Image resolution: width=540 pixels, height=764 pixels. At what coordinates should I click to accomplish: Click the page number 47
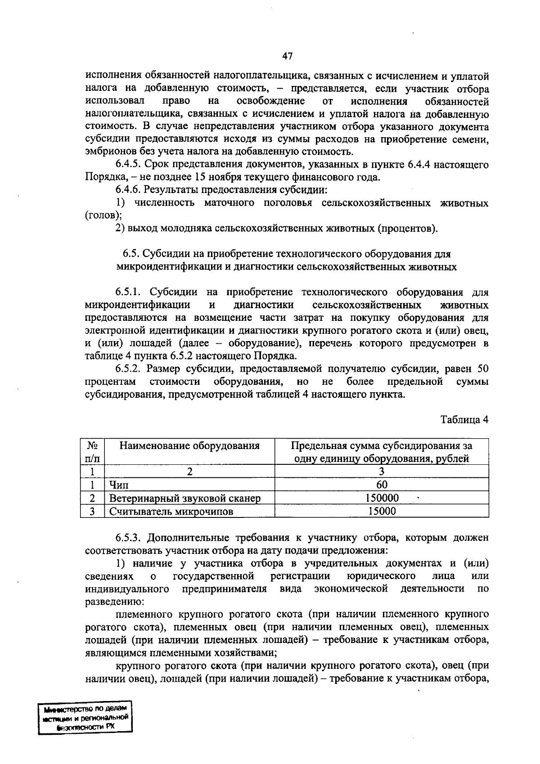[287, 56]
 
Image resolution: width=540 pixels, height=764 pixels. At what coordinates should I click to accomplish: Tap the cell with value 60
[382, 485]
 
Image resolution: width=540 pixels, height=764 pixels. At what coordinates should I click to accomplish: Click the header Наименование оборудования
[189, 446]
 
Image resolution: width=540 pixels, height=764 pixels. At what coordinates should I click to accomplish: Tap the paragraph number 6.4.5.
[129, 165]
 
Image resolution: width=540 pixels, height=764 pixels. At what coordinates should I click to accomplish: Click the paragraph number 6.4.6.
[129, 190]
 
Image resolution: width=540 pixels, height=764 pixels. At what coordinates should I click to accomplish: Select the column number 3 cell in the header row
[382, 472]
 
